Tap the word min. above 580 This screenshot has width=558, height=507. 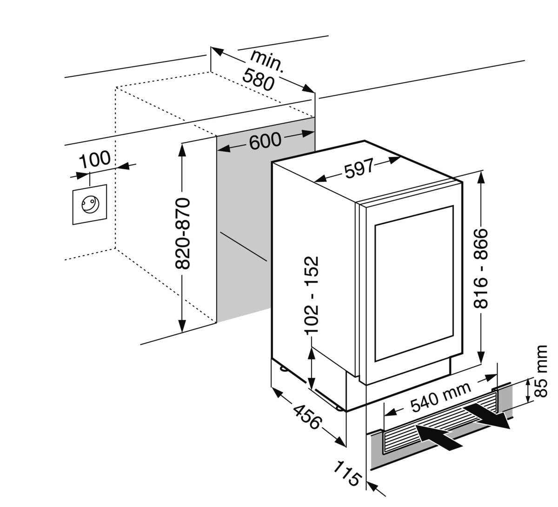tap(266, 60)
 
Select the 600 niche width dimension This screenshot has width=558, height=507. tap(265, 140)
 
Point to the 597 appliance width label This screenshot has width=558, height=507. tap(359, 169)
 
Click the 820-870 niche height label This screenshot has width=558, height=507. tap(184, 233)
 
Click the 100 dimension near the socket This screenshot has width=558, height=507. tap(95, 160)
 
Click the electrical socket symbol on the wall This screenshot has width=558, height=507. tap(89, 204)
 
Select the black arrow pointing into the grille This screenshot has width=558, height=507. tap(437, 438)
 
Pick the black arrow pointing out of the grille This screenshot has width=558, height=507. tap(488, 415)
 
